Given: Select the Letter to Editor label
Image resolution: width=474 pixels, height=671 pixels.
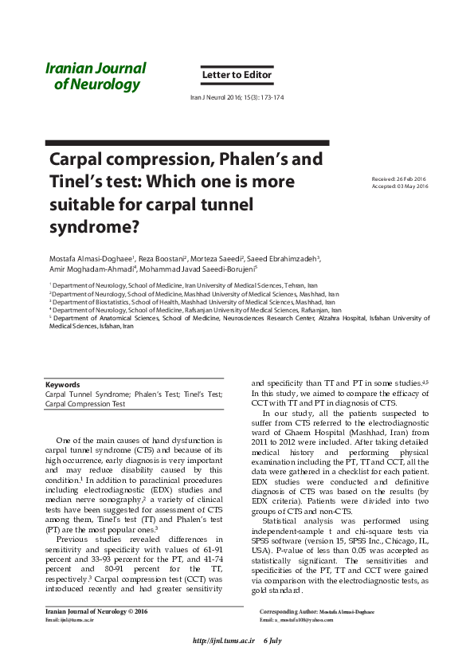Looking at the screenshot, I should (237, 76).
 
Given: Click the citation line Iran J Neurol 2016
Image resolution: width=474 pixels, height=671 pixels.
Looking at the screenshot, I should (237, 98).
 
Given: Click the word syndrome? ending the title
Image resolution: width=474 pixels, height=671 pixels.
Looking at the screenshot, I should (94, 226).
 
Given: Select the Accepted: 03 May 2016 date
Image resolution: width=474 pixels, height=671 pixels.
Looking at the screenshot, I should (400, 186).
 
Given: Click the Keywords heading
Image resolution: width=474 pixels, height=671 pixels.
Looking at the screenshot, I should (62, 385).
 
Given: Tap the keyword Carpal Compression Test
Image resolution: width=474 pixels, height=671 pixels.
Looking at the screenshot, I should (85, 404).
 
